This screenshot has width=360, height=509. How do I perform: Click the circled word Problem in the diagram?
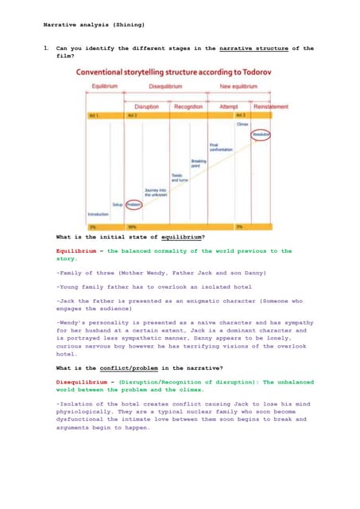pyautogui.click(x=134, y=204)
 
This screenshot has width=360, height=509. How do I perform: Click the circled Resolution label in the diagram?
pyautogui.click(x=261, y=134)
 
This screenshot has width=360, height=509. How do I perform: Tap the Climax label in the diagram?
pyautogui.click(x=242, y=125)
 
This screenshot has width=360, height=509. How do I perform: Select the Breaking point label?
pyautogui.click(x=199, y=163)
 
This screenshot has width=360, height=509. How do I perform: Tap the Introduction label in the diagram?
pyautogui.click(x=98, y=213)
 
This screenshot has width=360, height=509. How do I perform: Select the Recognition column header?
pyautogui.click(x=188, y=106)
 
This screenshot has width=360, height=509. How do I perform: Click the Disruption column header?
pyautogui.click(x=146, y=106)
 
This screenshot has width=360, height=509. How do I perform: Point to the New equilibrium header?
pyautogui.click(x=237, y=85)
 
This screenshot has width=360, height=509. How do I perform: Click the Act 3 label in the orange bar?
pyautogui.click(x=240, y=115)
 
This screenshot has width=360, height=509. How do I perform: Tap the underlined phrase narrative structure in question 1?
pyautogui.click(x=251, y=49)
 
